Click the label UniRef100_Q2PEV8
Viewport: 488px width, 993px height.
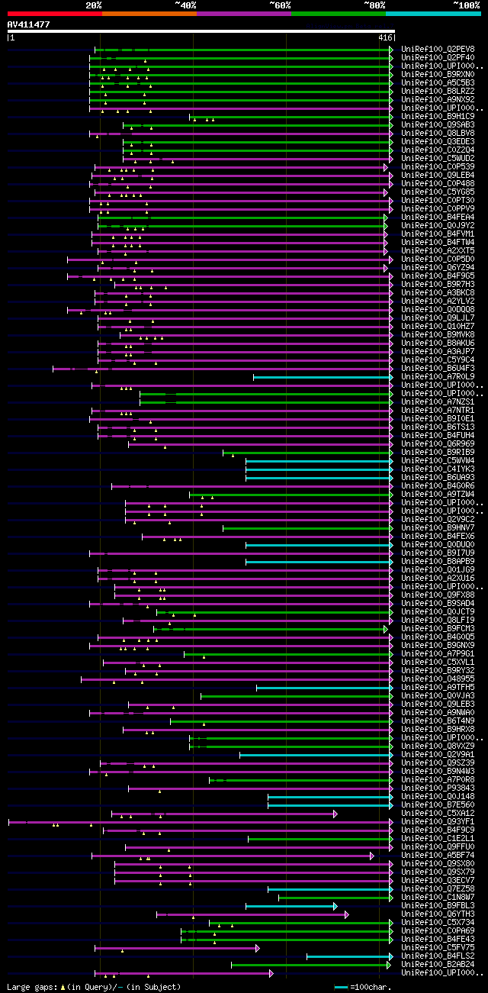click(x=438, y=49)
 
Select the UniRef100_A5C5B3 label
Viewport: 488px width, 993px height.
click(x=438, y=82)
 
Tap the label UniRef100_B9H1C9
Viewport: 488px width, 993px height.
click(x=438, y=116)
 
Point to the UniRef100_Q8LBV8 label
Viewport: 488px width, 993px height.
click(x=438, y=133)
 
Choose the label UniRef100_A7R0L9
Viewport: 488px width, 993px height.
click(x=438, y=376)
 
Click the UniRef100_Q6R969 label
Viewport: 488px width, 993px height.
click(x=438, y=443)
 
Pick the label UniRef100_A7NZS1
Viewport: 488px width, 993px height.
click(x=438, y=401)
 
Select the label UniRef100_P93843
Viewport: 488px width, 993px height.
click(x=438, y=788)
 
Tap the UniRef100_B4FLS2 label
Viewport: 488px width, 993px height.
click(x=438, y=956)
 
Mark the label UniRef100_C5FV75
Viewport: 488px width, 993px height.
click(x=438, y=947)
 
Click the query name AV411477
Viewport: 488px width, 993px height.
click(x=29, y=24)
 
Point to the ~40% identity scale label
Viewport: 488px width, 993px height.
click(x=185, y=5)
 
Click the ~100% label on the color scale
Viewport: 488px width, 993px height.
click(x=465, y=5)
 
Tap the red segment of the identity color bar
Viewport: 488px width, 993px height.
click(x=53, y=13)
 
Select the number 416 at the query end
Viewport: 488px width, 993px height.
click(x=384, y=37)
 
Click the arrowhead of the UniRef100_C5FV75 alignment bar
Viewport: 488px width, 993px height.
click(x=257, y=948)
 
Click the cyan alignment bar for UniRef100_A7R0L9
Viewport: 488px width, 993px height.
click(x=320, y=376)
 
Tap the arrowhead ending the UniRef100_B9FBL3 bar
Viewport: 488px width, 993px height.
click(x=335, y=906)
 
